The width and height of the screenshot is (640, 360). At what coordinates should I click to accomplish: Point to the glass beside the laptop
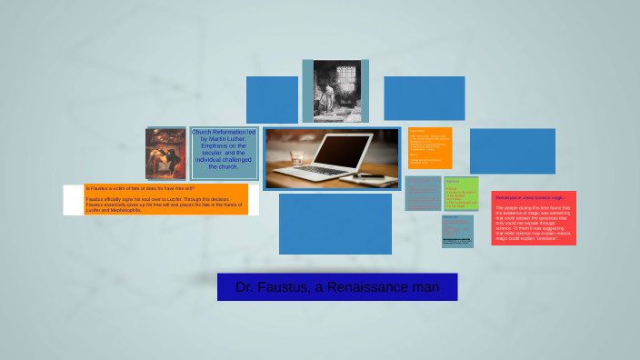(x=297, y=155)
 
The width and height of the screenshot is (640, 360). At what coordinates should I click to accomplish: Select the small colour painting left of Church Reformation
(x=165, y=153)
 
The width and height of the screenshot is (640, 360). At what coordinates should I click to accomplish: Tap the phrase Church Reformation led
(x=224, y=132)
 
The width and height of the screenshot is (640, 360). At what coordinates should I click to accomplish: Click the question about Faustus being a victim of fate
(x=140, y=188)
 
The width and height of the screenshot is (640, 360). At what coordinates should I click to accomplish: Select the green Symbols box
(x=461, y=194)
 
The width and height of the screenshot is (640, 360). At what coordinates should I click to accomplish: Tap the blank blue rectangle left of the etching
(x=272, y=99)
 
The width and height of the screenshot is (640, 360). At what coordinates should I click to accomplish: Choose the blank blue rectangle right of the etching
(x=424, y=98)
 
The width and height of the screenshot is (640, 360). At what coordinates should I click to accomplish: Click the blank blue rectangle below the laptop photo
(x=335, y=224)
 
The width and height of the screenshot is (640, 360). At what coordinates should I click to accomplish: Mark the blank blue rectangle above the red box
(x=512, y=151)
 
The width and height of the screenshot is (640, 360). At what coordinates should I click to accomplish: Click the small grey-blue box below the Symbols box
(x=457, y=231)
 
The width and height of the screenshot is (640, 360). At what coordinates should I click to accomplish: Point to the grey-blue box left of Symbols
(x=423, y=193)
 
